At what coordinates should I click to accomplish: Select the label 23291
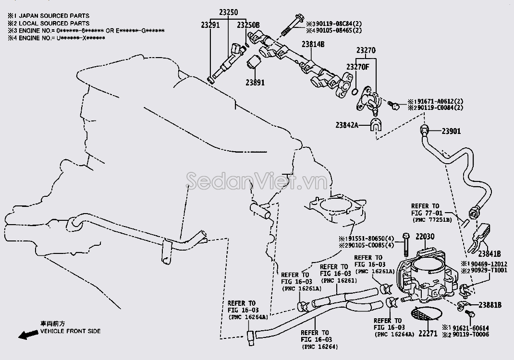point(210,25)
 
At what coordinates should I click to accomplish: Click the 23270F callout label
point(357,66)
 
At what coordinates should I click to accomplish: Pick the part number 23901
point(451,130)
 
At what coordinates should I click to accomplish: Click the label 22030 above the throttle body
point(425,237)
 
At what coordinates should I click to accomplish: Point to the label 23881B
point(490,305)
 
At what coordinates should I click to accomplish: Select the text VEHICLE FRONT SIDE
point(70,331)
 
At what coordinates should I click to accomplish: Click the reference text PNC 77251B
point(432,219)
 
